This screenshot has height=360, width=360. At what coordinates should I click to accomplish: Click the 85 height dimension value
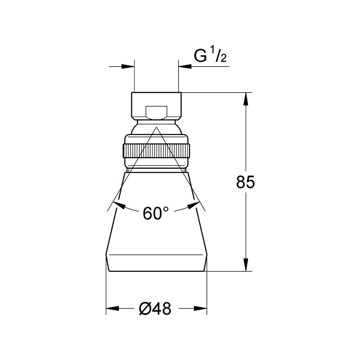click(x=245, y=182)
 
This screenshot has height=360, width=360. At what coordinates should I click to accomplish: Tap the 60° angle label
click(x=153, y=213)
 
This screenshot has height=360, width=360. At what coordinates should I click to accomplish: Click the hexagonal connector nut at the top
click(x=157, y=106)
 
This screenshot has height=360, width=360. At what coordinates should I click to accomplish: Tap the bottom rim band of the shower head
click(x=157, y=263)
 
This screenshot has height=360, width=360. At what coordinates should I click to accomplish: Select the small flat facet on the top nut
click(x=157, y=112)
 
